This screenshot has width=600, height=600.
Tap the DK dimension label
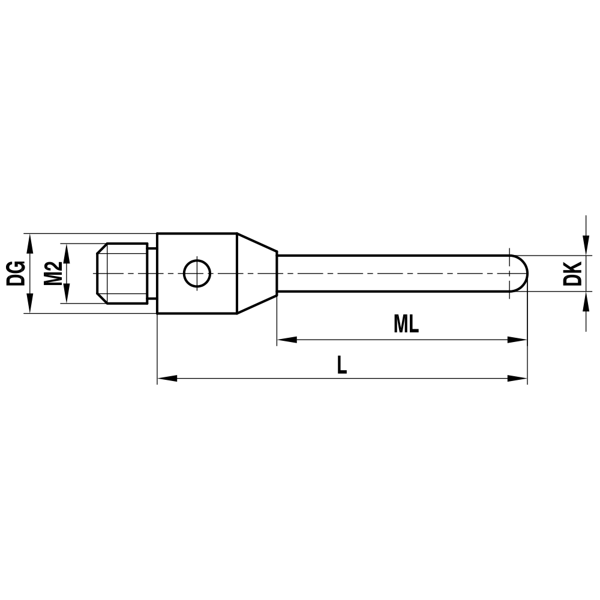[574, 273]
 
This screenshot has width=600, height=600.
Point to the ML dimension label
[406, 325]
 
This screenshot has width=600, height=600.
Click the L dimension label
[341, 365]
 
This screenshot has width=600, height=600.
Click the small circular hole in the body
[197, 274]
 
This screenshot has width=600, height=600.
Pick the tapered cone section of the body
[256, 274]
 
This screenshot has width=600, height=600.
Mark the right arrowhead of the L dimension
[518, 379]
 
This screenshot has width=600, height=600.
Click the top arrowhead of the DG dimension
[28, 242]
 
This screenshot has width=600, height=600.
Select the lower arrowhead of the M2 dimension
[67, 295]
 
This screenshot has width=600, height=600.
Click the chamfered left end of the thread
[101, 274]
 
